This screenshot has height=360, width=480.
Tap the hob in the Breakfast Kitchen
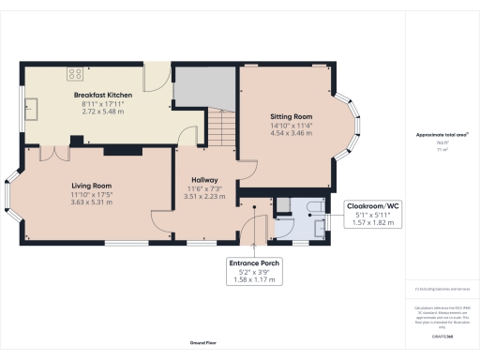pyautogui.click(x=74, y=74)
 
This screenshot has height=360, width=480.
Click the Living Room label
pyautogui.click(x=92, y=186)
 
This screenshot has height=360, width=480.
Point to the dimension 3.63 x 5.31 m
pyautogui.click(x=92, y=202)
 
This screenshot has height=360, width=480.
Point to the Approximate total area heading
pyautogui.click(x=442, y=135)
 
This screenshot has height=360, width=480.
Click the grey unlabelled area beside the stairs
pyautogui.click(x=203, y=86)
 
